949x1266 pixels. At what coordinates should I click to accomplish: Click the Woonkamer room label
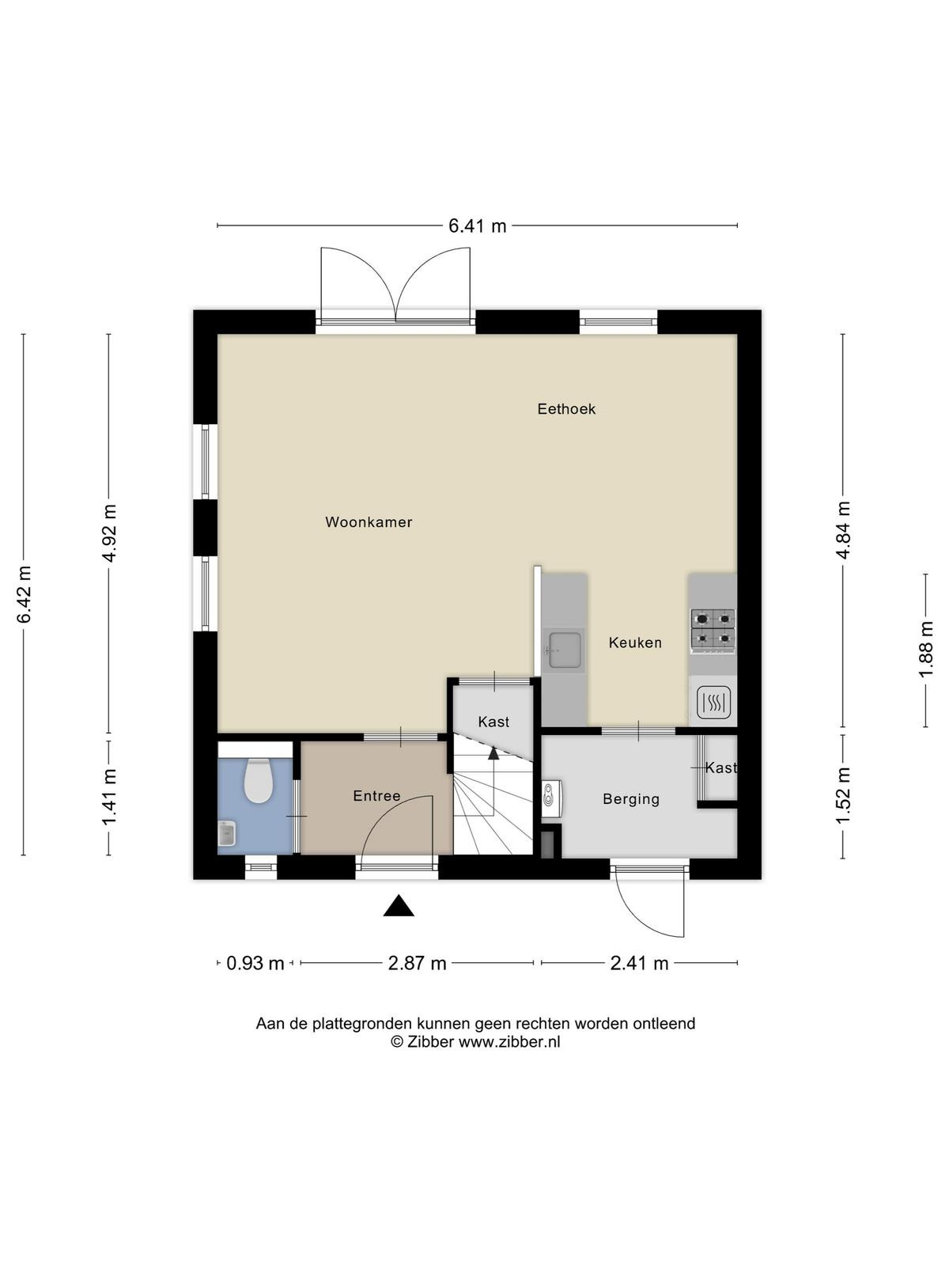(x=369, y=522)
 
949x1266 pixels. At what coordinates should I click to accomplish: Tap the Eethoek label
(x=566, y=409)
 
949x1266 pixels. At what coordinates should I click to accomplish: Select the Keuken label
(x=635, y=642)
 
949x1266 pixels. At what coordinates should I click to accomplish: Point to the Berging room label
(x=631, y=799)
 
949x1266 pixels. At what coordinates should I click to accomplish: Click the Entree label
(x=377, y=796)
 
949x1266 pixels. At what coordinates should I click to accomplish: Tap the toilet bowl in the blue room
(x=258, y=781)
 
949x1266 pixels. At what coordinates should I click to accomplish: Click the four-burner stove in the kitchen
(x=713, y=631)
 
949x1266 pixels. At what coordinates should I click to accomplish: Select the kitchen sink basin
(x=564, y=650)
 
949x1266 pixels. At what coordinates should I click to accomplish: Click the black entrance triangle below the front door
(x=399, y=905)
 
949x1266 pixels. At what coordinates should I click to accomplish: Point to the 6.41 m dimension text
(x=477, y=226)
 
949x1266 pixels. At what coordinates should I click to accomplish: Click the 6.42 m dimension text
(x=24, y=594)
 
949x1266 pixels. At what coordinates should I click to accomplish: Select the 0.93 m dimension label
(x=255, y=963)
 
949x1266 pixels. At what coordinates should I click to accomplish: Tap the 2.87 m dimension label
(x=418, y=963)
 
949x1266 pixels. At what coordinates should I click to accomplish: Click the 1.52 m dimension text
(x=843, y=796)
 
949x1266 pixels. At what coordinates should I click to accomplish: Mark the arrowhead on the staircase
(x=493, y=752)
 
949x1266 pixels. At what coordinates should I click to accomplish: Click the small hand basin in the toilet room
(x=227, y=833)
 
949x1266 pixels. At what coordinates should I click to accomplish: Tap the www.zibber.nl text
(x=509, y=1042)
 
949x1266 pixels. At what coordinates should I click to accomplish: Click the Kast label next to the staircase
(x=493, y=722)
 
